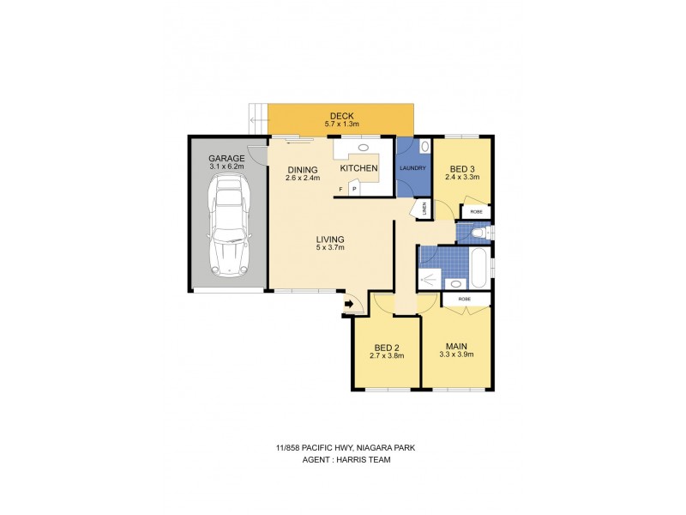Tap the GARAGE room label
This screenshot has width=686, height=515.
point(226,159)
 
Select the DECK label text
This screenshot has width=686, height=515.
point(342,117)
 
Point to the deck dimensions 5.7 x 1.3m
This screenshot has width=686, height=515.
point(342,126)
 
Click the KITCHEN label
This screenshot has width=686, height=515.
point(359,169)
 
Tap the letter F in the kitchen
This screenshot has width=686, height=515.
point(340,189)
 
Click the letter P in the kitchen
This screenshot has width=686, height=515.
point(353,189)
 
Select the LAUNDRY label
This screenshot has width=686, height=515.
point(412,167)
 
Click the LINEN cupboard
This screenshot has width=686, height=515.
point(423,209)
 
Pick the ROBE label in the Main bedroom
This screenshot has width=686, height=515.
point(465,299)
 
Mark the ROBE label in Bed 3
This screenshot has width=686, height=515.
point(476,210)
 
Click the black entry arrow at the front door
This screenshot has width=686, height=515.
point(350,303)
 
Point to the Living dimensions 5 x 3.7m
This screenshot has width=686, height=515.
point(329,249)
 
